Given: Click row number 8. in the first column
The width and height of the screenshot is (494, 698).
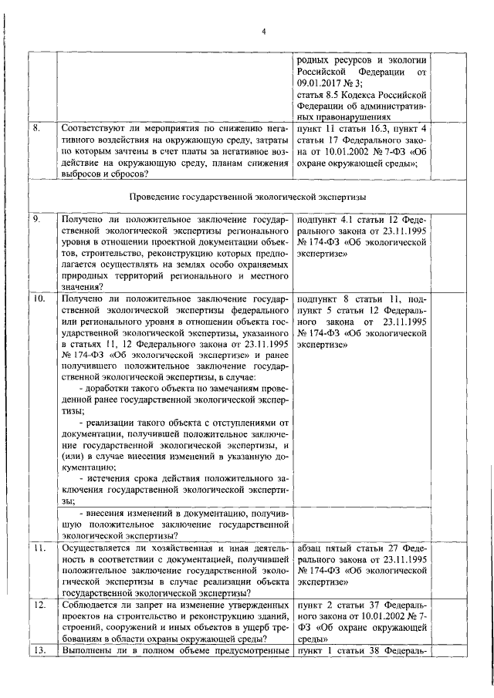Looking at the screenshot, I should click(36, 126).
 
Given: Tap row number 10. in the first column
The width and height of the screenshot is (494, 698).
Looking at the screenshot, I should click(39, 297).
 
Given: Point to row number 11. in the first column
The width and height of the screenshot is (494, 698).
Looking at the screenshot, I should click(39, 548).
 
